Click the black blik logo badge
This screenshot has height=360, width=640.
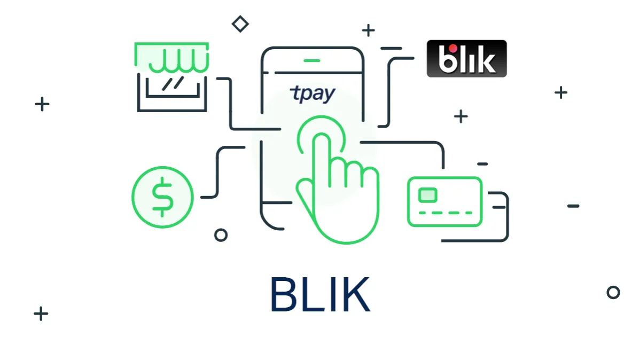click(466, 58)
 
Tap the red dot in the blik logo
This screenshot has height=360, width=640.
click(452, 49)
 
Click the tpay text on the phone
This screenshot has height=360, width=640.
click(313, 93)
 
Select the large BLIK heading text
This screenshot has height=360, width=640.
click(320, 295)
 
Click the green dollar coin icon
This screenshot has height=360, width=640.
click(162, 197)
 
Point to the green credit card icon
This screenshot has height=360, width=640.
click(445, 202)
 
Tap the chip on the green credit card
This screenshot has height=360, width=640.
click(428, 195)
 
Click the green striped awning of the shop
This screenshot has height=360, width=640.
click(172, 57)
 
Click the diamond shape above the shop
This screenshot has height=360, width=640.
click(240, 24)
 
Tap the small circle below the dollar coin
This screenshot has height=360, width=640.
click(221, 235)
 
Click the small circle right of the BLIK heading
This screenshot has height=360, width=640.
click(613, 292)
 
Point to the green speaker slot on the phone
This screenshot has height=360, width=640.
click(312, 61)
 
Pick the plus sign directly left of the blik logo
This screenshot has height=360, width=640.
click(368, 30)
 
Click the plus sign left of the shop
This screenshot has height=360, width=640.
click(42, 104)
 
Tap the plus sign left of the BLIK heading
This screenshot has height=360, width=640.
click(41, 314)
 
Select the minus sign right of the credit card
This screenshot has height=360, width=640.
click(573, 206)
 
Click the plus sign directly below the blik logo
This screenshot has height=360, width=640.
click(461, 116)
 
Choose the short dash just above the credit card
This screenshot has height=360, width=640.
click(482, 164)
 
